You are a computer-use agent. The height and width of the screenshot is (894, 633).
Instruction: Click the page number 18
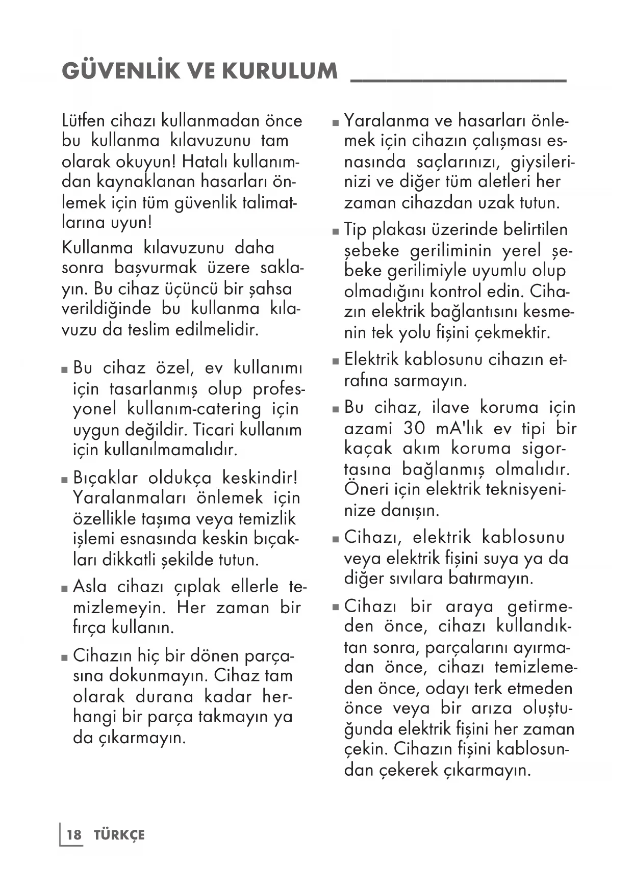(74, 835)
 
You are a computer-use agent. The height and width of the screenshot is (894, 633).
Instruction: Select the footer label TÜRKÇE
(119, 835)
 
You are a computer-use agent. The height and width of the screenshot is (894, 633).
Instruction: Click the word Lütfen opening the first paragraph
(83, 121)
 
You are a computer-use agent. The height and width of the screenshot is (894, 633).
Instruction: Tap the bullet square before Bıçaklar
(65, 480)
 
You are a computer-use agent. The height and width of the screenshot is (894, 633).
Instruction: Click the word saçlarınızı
(457, 162)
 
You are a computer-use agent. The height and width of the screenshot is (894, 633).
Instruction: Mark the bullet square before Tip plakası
(335, 231)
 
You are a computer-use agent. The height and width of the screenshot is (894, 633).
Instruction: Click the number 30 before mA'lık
(414, 428)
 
